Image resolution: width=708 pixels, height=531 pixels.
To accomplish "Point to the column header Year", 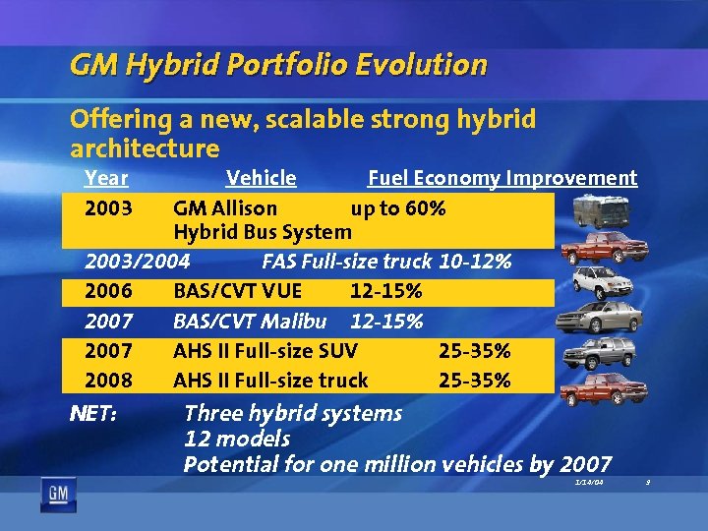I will [106, 178].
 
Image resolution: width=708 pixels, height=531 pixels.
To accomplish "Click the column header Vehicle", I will [261, 178].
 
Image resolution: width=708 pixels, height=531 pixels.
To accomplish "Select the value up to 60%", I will [398, 208].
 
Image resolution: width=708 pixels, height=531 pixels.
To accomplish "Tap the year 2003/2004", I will [138, 262].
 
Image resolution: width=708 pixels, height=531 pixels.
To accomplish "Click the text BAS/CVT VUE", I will [237, 292].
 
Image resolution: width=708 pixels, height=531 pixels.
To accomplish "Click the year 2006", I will [108, 292].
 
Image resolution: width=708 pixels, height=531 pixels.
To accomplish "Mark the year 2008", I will [108, 380].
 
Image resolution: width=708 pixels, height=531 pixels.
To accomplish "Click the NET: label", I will [94, 414].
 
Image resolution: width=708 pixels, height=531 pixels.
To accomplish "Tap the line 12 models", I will [237, 438].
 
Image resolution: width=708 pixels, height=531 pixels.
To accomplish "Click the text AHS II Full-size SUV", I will [265, 351].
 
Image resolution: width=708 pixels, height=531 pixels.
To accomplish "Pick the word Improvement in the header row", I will [571, 178].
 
